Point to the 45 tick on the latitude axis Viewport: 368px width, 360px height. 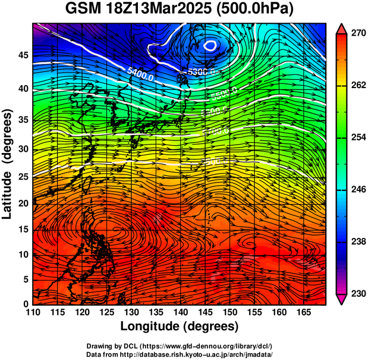tap(23, 55)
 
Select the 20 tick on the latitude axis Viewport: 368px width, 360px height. tap(23, 203)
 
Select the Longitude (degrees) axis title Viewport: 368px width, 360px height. tap(180, 326)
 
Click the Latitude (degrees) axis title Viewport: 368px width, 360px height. tap(8, 164)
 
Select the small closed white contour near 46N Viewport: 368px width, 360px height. tap(211, 45)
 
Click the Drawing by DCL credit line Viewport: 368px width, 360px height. tap(180, 346)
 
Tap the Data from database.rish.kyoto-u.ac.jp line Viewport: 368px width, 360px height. tap(180, 354)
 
